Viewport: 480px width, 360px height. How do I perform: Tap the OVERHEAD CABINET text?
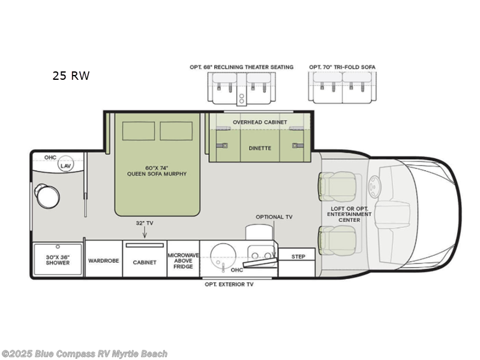click(260, 122)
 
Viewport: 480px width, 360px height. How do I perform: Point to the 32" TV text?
click(145, 223)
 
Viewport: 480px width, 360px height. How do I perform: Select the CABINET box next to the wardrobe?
click(145, 262)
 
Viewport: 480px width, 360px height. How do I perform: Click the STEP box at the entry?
click(298, 256)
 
